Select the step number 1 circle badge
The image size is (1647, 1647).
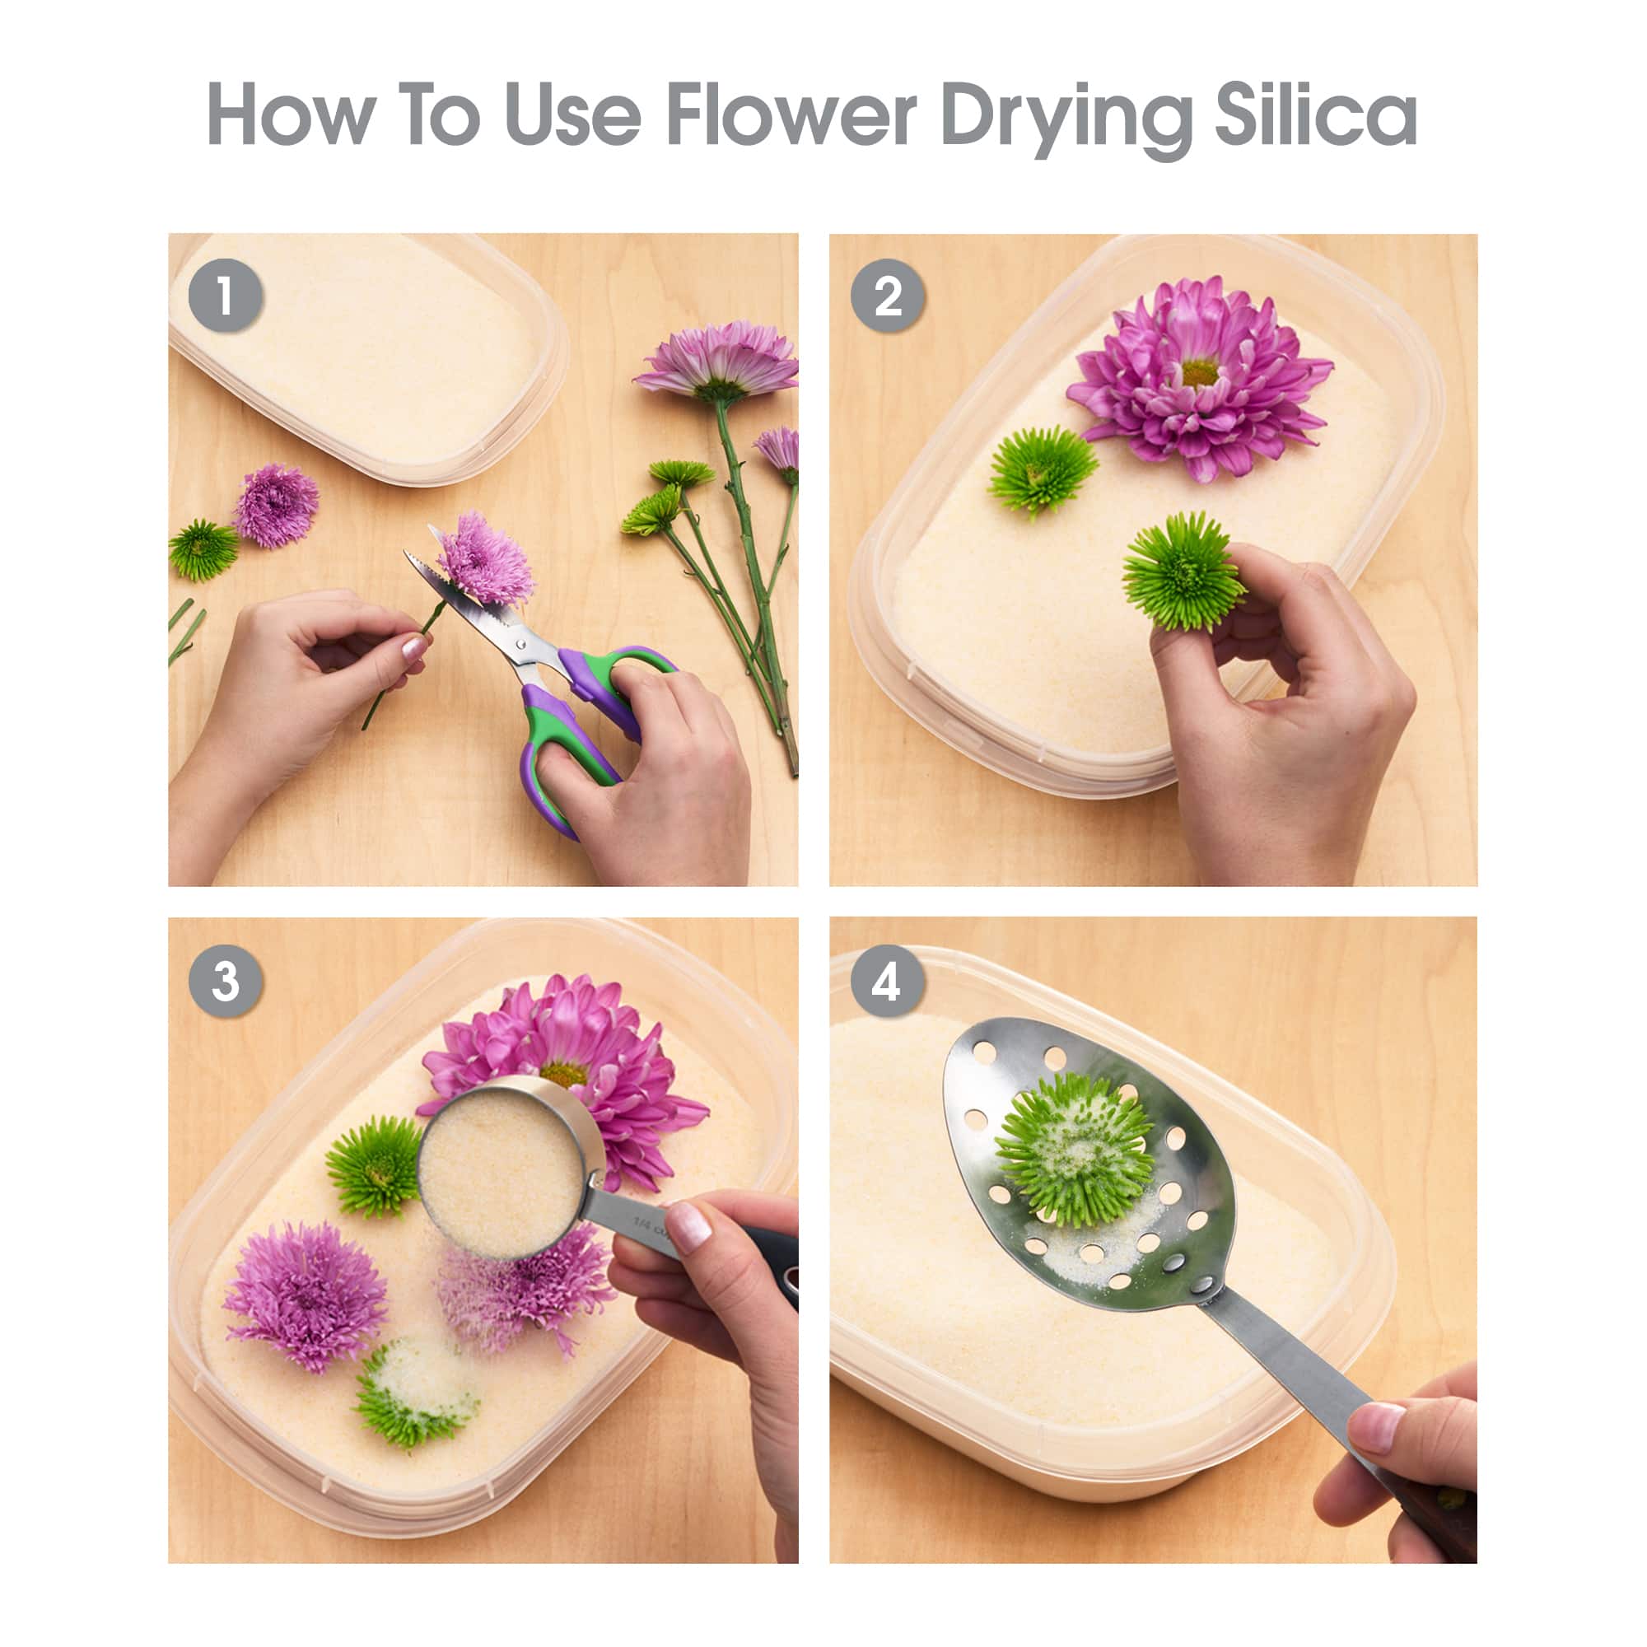[225, 296]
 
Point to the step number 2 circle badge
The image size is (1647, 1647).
[888, 296]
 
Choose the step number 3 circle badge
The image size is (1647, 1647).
[225, 982]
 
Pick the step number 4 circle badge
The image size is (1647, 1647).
[887, 982]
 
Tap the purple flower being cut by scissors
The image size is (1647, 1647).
[486, 558]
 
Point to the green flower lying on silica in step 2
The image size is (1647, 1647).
[1043, 469]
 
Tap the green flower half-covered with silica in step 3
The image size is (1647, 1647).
[415, 1390]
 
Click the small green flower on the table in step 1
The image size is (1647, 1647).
[203, 549]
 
